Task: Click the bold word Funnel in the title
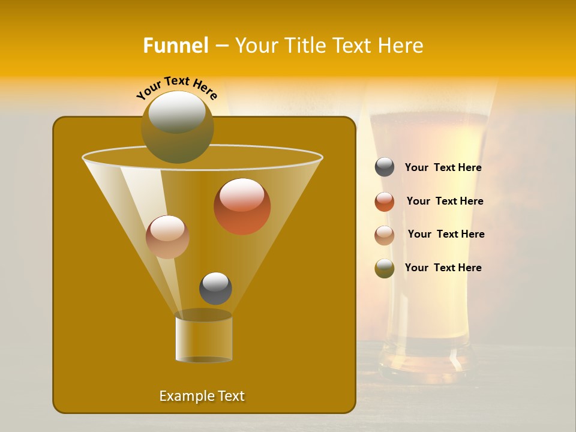tap(176, 46)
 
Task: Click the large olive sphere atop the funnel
tap(177, 127)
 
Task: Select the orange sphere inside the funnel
tap(242, 206)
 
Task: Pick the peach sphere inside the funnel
tap(167, 237)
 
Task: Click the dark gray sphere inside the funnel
tap(215, 288)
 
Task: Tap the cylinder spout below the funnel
tap(203, 338)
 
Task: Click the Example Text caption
tap(202, 396)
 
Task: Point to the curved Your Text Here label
tap(176, 88)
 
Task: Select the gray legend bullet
tap(385, 167)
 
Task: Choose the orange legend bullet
tap(385, 202)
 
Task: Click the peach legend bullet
tap(385, 235)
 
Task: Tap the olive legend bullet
tap(385, 268)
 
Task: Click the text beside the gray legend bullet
tap(443, 168)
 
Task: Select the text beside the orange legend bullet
tap(445, 201)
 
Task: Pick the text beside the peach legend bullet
tap(446, 234)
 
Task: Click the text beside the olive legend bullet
tap(443, 268)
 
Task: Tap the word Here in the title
tap(402, 46)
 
